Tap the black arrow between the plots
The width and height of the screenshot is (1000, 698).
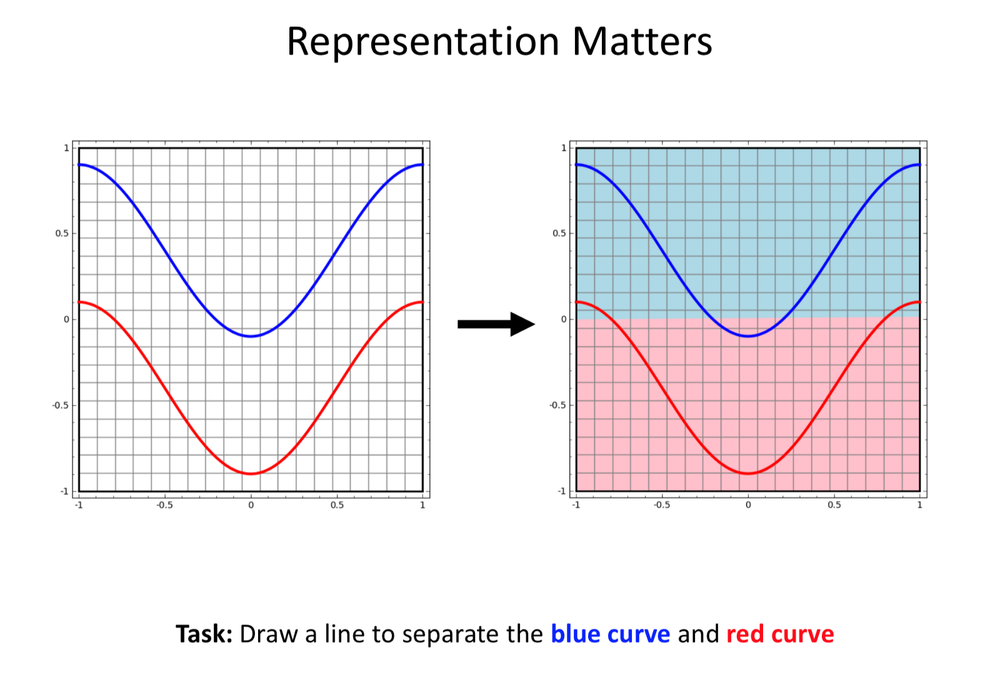496,324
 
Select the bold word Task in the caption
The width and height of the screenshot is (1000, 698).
204,634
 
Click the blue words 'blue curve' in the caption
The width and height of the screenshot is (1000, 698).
610,634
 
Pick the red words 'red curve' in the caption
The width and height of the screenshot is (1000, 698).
780,634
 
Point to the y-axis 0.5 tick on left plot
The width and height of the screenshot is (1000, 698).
62,234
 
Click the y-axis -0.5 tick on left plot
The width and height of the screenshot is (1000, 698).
61,405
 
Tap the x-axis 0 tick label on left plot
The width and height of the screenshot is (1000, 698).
251,505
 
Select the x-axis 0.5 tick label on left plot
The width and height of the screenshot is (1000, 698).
337,505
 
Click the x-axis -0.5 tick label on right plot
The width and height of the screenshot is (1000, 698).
662,505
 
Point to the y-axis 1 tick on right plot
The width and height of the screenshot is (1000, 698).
564,147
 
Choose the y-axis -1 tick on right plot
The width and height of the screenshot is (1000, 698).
562,491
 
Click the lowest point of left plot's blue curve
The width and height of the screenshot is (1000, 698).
251,336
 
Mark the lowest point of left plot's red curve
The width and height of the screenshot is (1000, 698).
251,474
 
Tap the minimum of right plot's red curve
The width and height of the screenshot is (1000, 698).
748,474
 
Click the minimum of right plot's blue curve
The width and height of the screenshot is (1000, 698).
748,336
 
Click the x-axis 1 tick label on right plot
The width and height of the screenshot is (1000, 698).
919,505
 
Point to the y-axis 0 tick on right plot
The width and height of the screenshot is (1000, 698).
564,319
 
